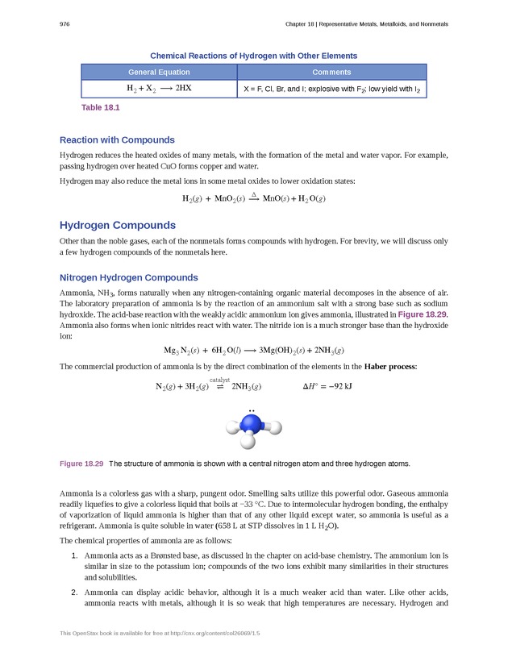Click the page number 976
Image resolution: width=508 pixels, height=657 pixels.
click(65, 24)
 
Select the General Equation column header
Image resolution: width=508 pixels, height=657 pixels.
click(159, 72)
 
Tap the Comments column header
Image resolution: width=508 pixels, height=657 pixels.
click(331, 72)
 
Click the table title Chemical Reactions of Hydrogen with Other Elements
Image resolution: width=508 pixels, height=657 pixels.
click(253, 56)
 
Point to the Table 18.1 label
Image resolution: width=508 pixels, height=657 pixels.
click(101, 107)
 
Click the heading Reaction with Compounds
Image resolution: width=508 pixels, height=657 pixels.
click(117, 139)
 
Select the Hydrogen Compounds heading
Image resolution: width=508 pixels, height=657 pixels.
click(118, 225)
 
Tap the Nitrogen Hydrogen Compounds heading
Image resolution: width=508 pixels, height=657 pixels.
click(129, 278)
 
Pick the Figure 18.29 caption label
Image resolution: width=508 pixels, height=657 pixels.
click(81, 464)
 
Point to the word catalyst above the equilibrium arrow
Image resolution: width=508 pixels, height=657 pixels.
click(220, 379)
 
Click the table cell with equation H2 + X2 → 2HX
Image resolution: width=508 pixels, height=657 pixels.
click(159, 88)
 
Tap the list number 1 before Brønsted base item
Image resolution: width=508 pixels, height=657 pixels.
click(74, 556)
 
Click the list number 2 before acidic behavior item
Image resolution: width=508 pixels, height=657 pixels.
click(74, 591)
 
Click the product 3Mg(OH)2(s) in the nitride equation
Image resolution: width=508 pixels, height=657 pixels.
click(281, 350)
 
